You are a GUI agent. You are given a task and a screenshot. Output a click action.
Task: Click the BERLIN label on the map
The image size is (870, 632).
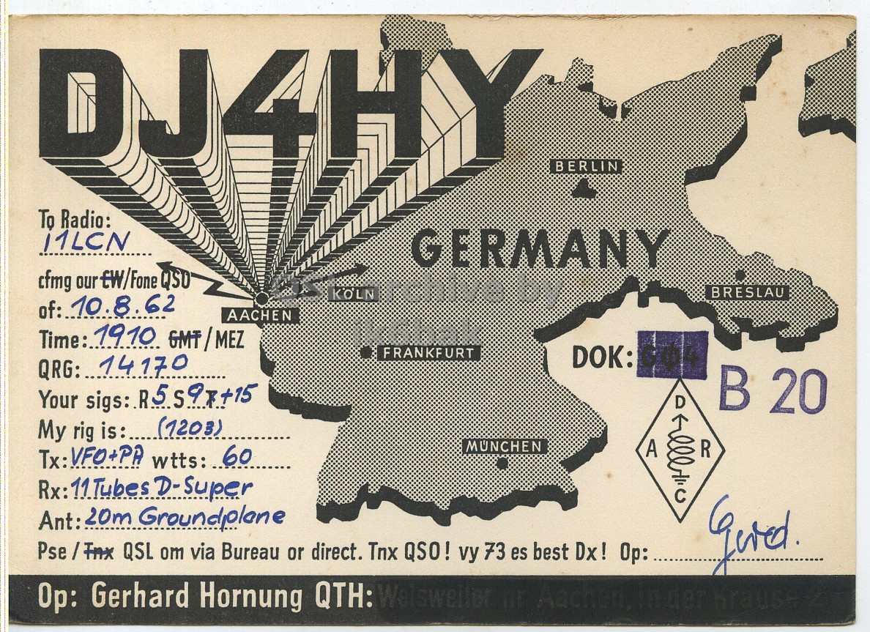coord(587,166)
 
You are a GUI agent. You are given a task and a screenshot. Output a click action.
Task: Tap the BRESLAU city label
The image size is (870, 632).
coord(748,293)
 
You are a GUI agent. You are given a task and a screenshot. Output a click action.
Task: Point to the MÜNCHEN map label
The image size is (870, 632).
coord(504,446)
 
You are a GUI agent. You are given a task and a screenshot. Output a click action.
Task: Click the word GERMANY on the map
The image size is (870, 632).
coord(540,248)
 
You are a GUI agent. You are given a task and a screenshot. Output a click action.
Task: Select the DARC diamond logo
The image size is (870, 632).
coord(680,450)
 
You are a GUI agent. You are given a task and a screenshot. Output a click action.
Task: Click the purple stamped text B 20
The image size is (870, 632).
coord(773,392)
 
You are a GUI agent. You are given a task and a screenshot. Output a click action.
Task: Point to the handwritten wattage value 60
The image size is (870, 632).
coord(237,457)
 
